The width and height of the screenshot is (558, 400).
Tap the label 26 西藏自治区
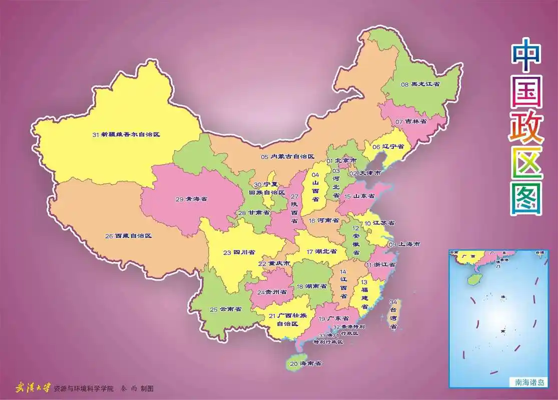click(128, 235)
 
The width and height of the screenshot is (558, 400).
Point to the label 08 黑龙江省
click(420, 84)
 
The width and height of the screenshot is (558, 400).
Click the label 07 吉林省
click(411, 121)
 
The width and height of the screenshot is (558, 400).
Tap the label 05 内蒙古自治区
click(287, 156)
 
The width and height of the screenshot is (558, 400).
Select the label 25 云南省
click(225, 309)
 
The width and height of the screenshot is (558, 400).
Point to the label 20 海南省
click(305, 363)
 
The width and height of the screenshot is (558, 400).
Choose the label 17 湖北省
click(323, 251)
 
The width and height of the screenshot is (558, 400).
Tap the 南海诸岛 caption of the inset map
click(529, 383)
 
